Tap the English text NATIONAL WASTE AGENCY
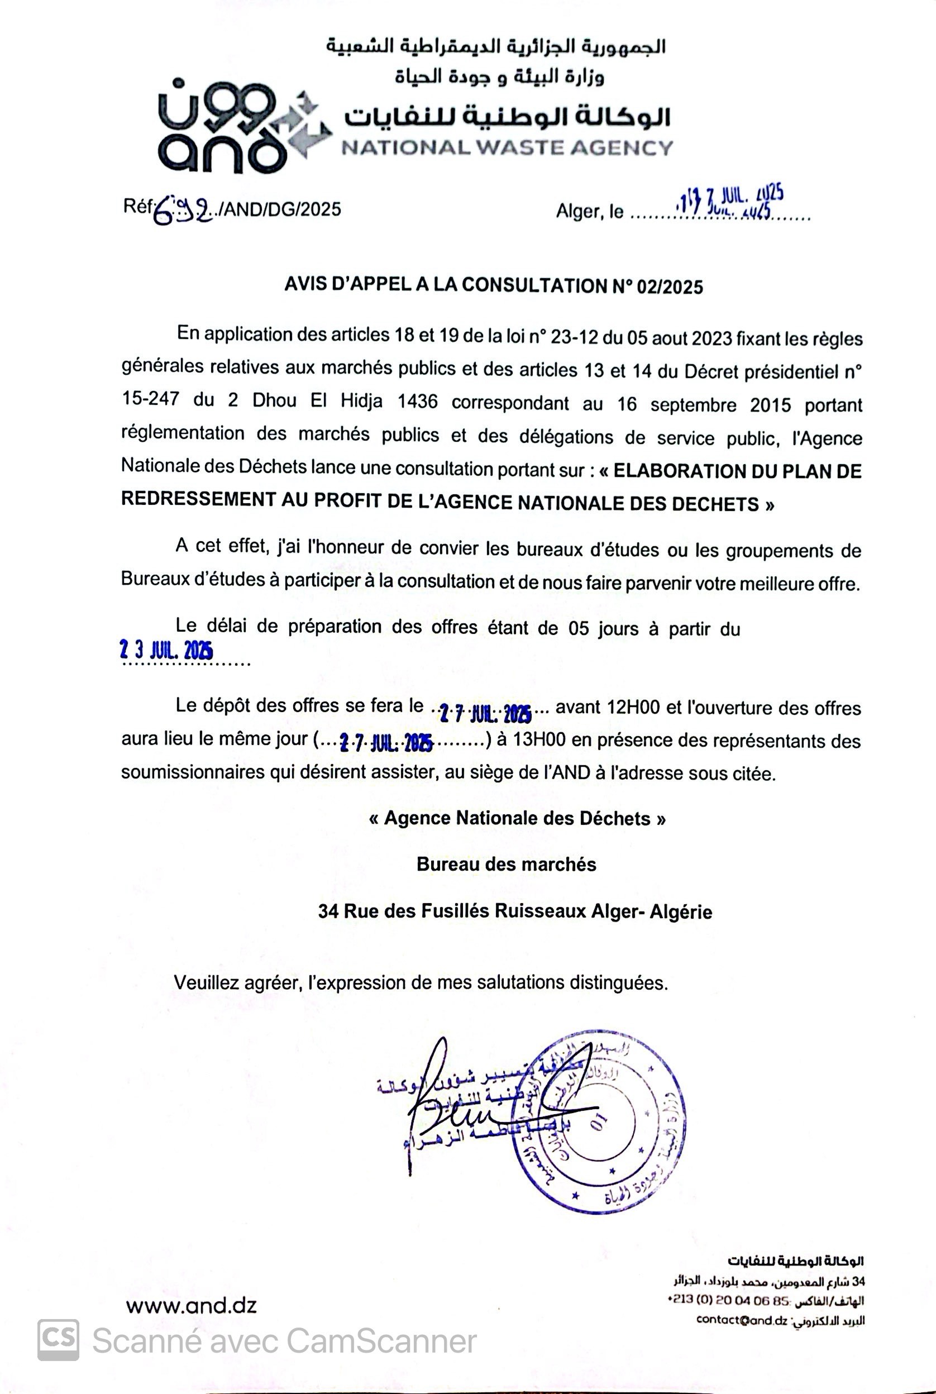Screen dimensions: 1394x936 pos(507,147)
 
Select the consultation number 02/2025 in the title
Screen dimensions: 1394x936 pos(670,287)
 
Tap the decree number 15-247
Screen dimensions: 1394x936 pos(150,399)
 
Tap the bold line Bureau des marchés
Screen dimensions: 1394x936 pos(506,865)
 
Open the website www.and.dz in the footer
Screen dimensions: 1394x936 pos(192,1307)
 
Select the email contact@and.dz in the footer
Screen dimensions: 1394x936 pos(742,1319)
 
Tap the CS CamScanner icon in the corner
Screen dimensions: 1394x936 pos(58,1340)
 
